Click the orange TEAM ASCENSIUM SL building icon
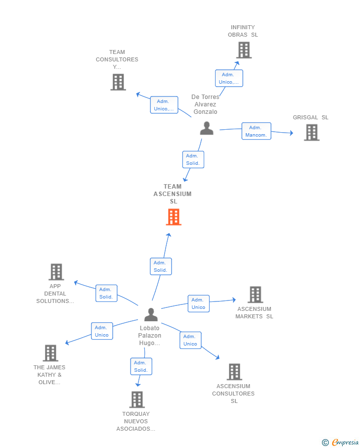point(174,217)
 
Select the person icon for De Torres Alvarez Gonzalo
point(207,128)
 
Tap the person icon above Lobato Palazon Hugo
point(151,314)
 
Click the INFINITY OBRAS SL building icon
point(244,50)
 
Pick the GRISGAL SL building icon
point(312,132)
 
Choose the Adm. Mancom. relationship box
point(256,131)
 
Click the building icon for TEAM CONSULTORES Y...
point(118,82)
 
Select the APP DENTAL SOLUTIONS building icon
point(56,272)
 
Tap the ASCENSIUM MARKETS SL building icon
point(255,295)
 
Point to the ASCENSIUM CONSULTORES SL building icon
point(234,372)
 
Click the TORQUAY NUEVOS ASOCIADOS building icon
point(137,399)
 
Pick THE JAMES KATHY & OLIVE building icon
point(50,353)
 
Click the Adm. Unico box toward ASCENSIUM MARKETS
point(199,303)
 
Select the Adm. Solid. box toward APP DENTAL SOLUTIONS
point(106,293)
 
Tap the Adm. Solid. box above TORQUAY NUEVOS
point(141,366)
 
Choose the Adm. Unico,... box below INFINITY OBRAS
point(229,78)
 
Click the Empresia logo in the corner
point(340,442)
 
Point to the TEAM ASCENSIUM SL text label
point(173,194)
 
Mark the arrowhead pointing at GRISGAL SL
point(291,133)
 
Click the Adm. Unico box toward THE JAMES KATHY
point(102,331)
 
